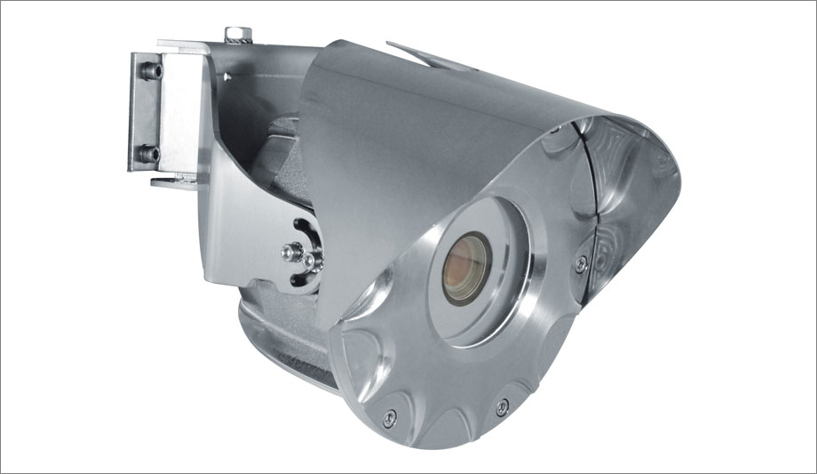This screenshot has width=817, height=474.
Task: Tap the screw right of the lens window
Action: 581,262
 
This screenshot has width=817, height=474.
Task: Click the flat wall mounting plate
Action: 142,111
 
